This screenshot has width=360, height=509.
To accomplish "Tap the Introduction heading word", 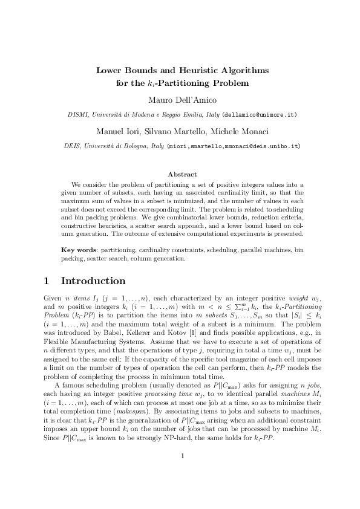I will point(93,281).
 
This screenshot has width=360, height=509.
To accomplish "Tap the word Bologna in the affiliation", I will point(134,146).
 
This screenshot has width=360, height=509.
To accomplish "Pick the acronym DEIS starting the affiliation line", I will point(72,146).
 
